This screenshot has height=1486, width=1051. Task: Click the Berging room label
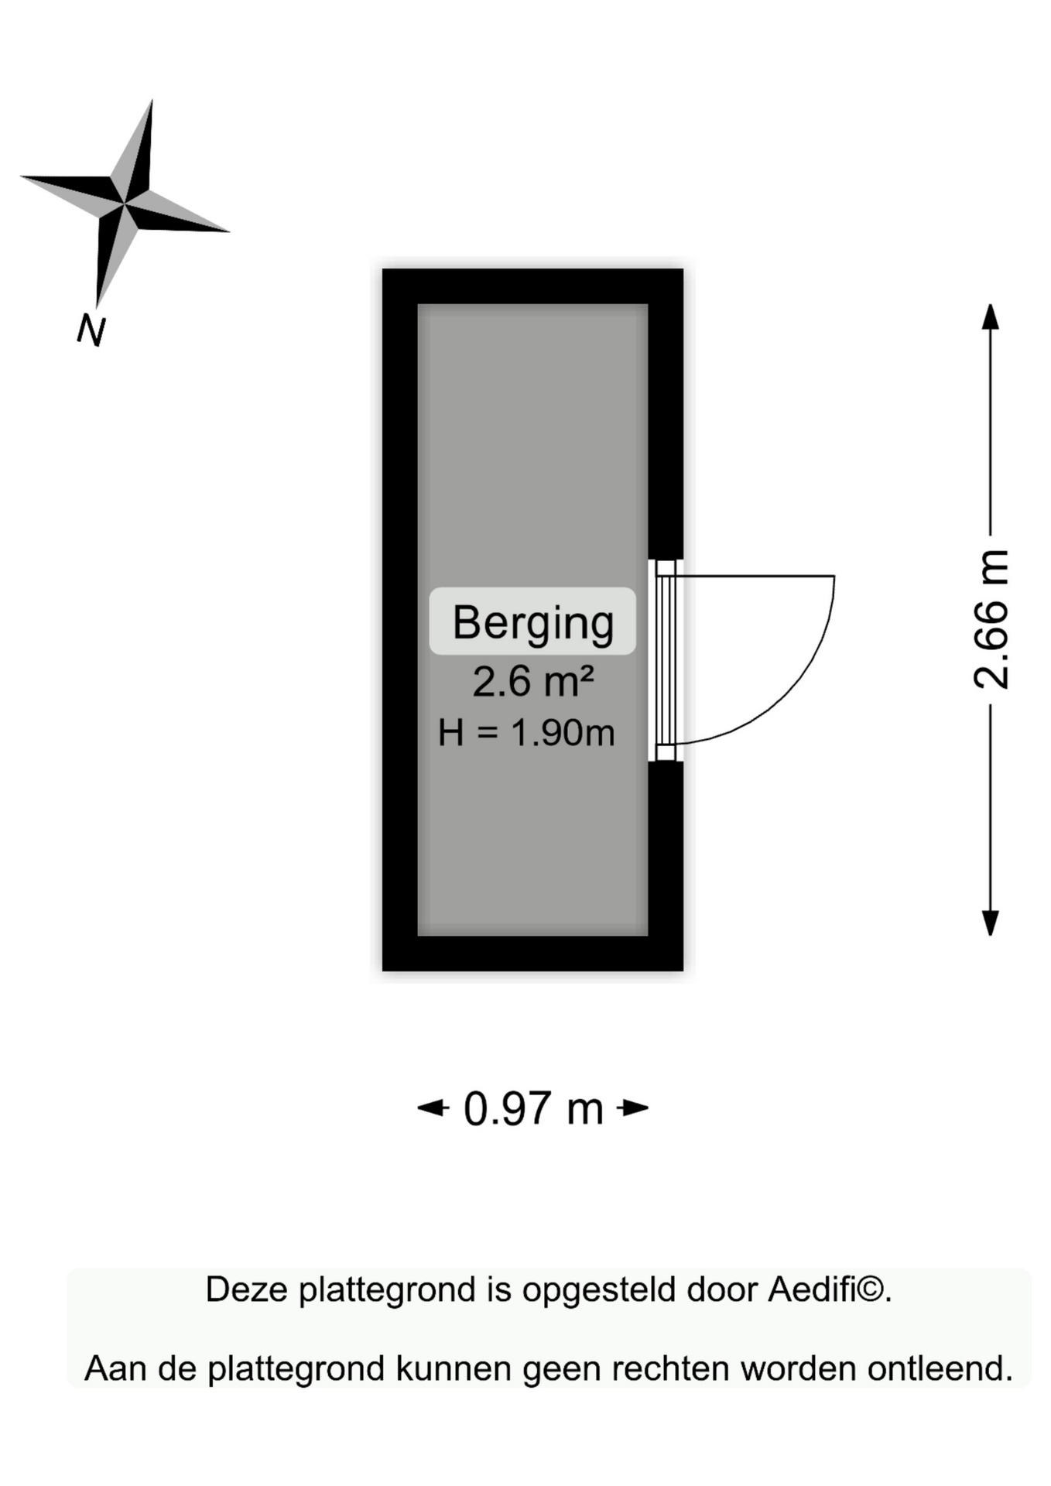(x=532, y=622)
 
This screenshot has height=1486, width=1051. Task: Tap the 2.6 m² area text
(x=533, y=681)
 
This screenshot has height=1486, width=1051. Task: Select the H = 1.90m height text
(x=526, y=732)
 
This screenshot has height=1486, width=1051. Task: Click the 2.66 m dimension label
(x=991, y=619)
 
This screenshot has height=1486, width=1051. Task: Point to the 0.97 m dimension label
(x=533, y=1108)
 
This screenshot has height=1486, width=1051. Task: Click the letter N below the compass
(x=91, y=330)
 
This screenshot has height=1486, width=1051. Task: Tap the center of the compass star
(x=125, y=204)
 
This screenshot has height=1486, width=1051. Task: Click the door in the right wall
(x=666, y=660)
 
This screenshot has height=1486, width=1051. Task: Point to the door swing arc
(x=805, y=681)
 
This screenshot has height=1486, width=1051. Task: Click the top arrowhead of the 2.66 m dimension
(x=991, y=317)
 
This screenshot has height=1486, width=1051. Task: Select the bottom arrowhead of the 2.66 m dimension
(x=991, y=923)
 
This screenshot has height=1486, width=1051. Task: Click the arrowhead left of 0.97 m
(x=433, y=1108)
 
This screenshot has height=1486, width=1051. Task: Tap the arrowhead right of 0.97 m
(x=633, y=1108)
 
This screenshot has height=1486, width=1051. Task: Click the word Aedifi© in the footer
(x=830, y=1290)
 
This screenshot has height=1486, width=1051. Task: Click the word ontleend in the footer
(x=940, y=1369)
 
